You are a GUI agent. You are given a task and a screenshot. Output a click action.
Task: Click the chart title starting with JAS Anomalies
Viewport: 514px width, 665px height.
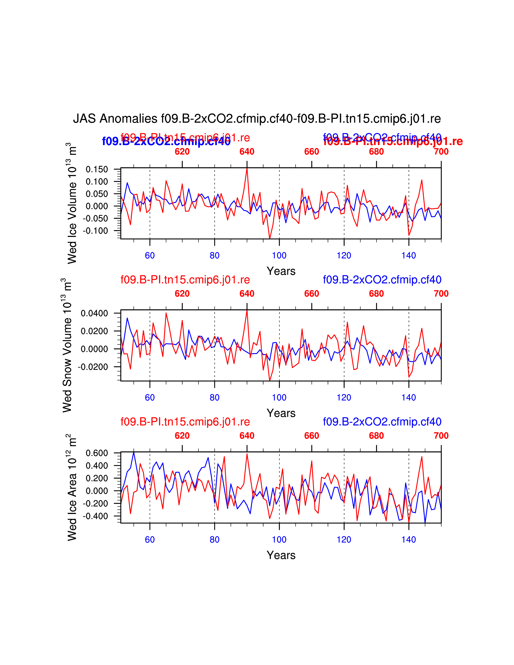257,119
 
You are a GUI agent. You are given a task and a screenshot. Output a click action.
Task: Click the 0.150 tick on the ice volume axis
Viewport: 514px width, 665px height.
97,169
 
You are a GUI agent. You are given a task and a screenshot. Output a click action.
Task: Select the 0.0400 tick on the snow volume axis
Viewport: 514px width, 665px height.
94,313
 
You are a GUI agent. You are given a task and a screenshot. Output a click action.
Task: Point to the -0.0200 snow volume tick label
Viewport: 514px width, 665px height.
93,367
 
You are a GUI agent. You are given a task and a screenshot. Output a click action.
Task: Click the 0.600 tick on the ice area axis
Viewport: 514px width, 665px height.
97,453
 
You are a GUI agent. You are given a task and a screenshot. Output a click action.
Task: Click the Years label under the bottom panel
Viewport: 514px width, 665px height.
281,555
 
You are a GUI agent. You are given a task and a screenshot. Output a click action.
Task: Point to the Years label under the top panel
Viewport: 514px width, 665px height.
281,271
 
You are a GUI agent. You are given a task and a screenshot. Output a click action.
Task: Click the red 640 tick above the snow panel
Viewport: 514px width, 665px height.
247,294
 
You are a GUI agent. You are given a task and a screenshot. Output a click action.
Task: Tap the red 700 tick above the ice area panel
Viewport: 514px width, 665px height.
441,436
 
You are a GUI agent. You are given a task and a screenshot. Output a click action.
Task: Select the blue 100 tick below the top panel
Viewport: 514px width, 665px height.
279,256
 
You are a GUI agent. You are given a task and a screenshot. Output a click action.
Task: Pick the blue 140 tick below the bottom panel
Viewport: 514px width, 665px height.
409,539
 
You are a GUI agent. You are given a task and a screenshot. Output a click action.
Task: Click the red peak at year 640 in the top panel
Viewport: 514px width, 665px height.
247,168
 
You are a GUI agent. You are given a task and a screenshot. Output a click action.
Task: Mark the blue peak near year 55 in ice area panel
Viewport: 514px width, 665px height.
134,453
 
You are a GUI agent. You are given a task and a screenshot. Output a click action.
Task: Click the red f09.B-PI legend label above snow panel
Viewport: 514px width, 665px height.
185,280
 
